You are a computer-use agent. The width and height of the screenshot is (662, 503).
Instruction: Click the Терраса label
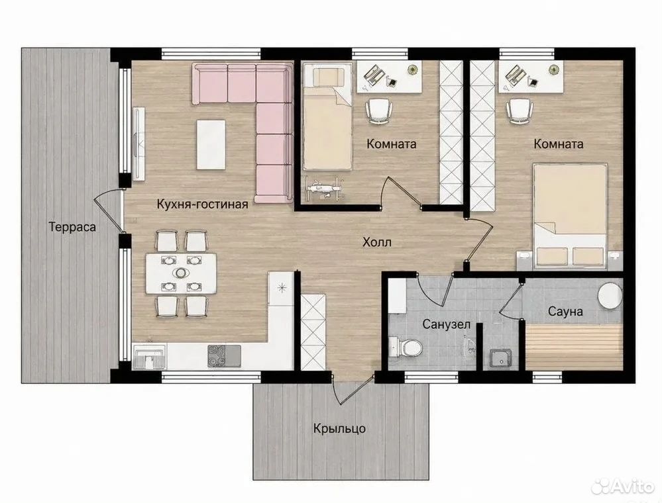tap(72, 227)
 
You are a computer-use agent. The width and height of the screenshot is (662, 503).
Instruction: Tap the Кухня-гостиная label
tap(202, 205)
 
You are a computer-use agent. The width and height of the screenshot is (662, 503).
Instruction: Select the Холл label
tap(377, 242)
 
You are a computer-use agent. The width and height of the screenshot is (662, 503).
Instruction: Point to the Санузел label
tap(447, 324)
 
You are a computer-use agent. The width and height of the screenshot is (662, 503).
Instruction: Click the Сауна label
tap(565, 312)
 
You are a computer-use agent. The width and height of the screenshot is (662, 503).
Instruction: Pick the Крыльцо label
tap(339, 430)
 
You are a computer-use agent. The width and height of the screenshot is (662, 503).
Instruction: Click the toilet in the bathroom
tap(406, 347)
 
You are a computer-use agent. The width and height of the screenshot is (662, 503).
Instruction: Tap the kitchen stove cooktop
tap(224, 355)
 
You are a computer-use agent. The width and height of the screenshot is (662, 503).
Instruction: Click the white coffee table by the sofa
tap(211, 145)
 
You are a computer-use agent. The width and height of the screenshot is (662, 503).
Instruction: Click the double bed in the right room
tap(570, 216)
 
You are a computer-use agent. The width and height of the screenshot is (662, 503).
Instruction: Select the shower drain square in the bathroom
tap(500, 358)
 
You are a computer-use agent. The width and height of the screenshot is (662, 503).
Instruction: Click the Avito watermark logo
tap(622, 486)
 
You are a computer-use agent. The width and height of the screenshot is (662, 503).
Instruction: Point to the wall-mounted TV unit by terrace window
tap(139, 144)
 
